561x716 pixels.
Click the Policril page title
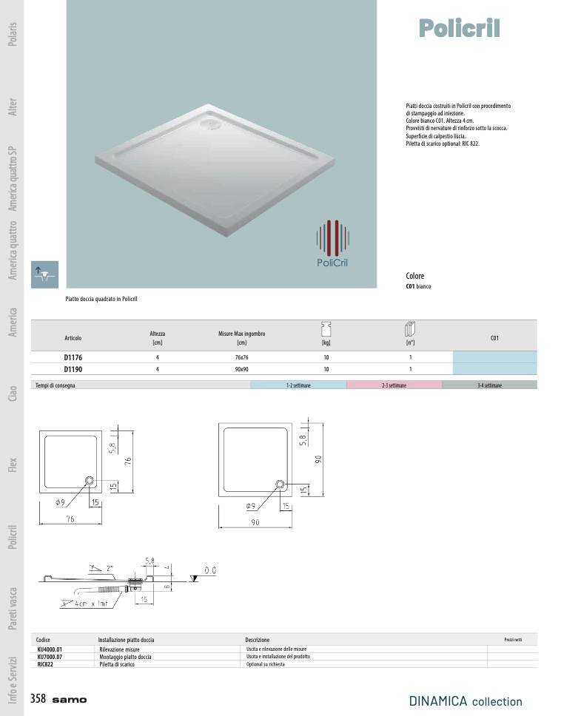coord(459,28)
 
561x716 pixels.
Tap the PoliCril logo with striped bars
coord(332,243)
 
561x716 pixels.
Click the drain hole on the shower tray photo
coord(211,122)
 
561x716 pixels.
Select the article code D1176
coord(73,357)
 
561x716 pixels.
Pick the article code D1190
coord(73,369)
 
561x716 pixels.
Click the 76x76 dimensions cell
coord(242,357)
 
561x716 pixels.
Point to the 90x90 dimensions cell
coord(242,369)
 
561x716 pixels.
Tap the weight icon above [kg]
coord(326,328)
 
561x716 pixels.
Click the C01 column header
coord(494,338)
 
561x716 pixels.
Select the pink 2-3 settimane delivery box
coord(394,385)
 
